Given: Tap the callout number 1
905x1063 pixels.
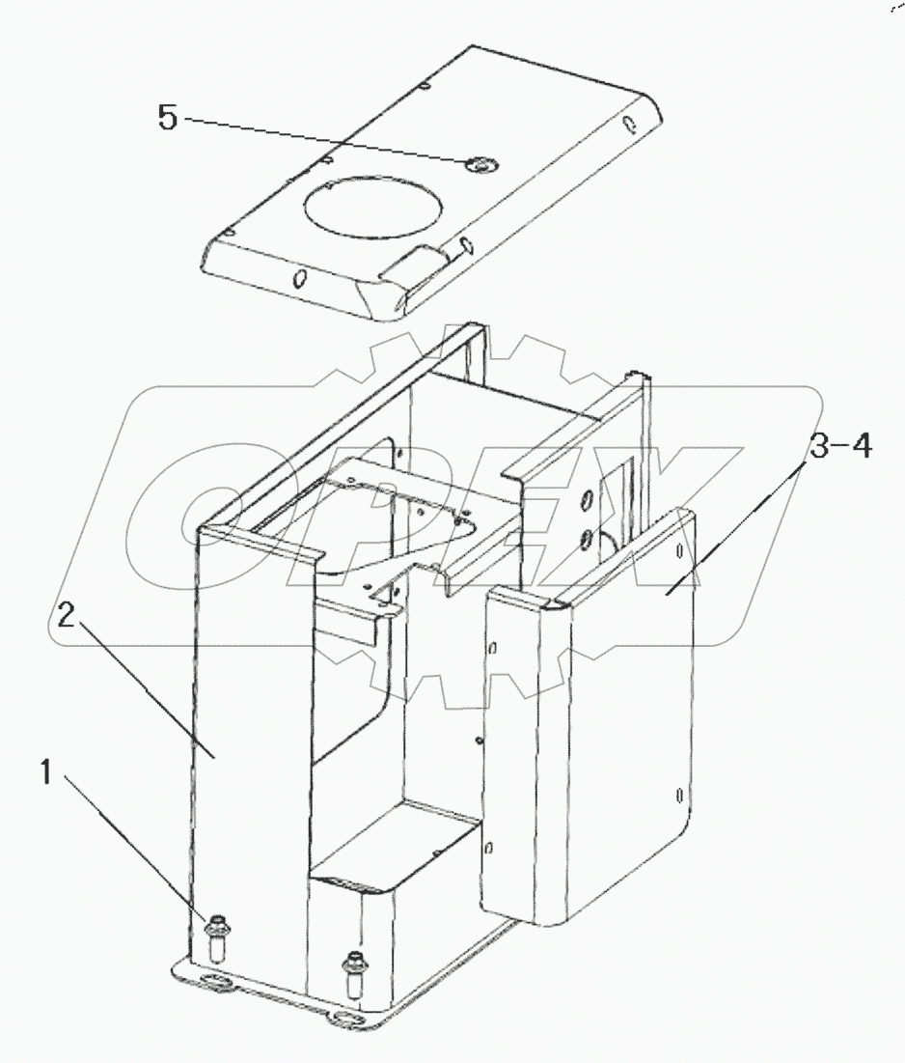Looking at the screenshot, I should [x=45, y=773].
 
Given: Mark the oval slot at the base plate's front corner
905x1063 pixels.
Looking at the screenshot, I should [x=343, y=1018].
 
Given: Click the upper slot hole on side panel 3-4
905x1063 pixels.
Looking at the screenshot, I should [x=680, y=551].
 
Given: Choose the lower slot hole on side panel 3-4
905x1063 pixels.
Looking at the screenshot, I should [x=681, y=797].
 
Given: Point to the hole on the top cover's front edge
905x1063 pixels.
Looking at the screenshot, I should [x=299, y=280].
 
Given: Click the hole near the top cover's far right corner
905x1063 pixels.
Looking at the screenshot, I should [x=628, y=124].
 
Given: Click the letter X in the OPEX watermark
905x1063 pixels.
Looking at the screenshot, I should [x=675, y=512].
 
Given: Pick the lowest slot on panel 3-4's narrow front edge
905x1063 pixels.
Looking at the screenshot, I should [x=490, y=848].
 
